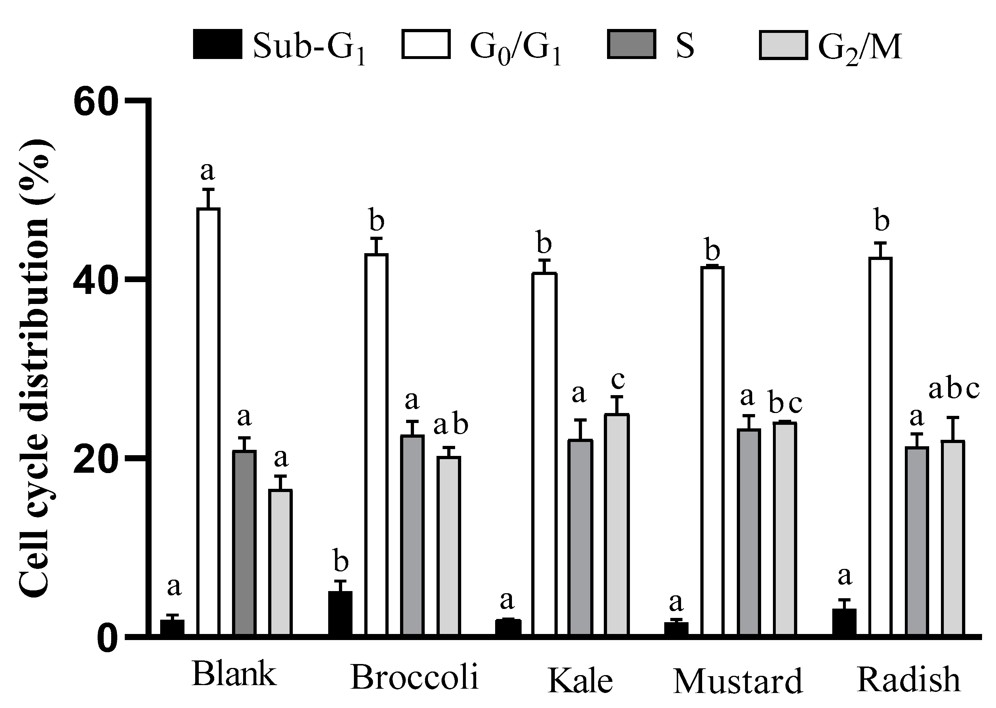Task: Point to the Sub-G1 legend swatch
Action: pyautogui.click(x=217, y=44)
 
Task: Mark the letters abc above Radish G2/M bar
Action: pyautogui.click(x=953, y=389)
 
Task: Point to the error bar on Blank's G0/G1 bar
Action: pyautogui.click(x=209, y=198)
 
